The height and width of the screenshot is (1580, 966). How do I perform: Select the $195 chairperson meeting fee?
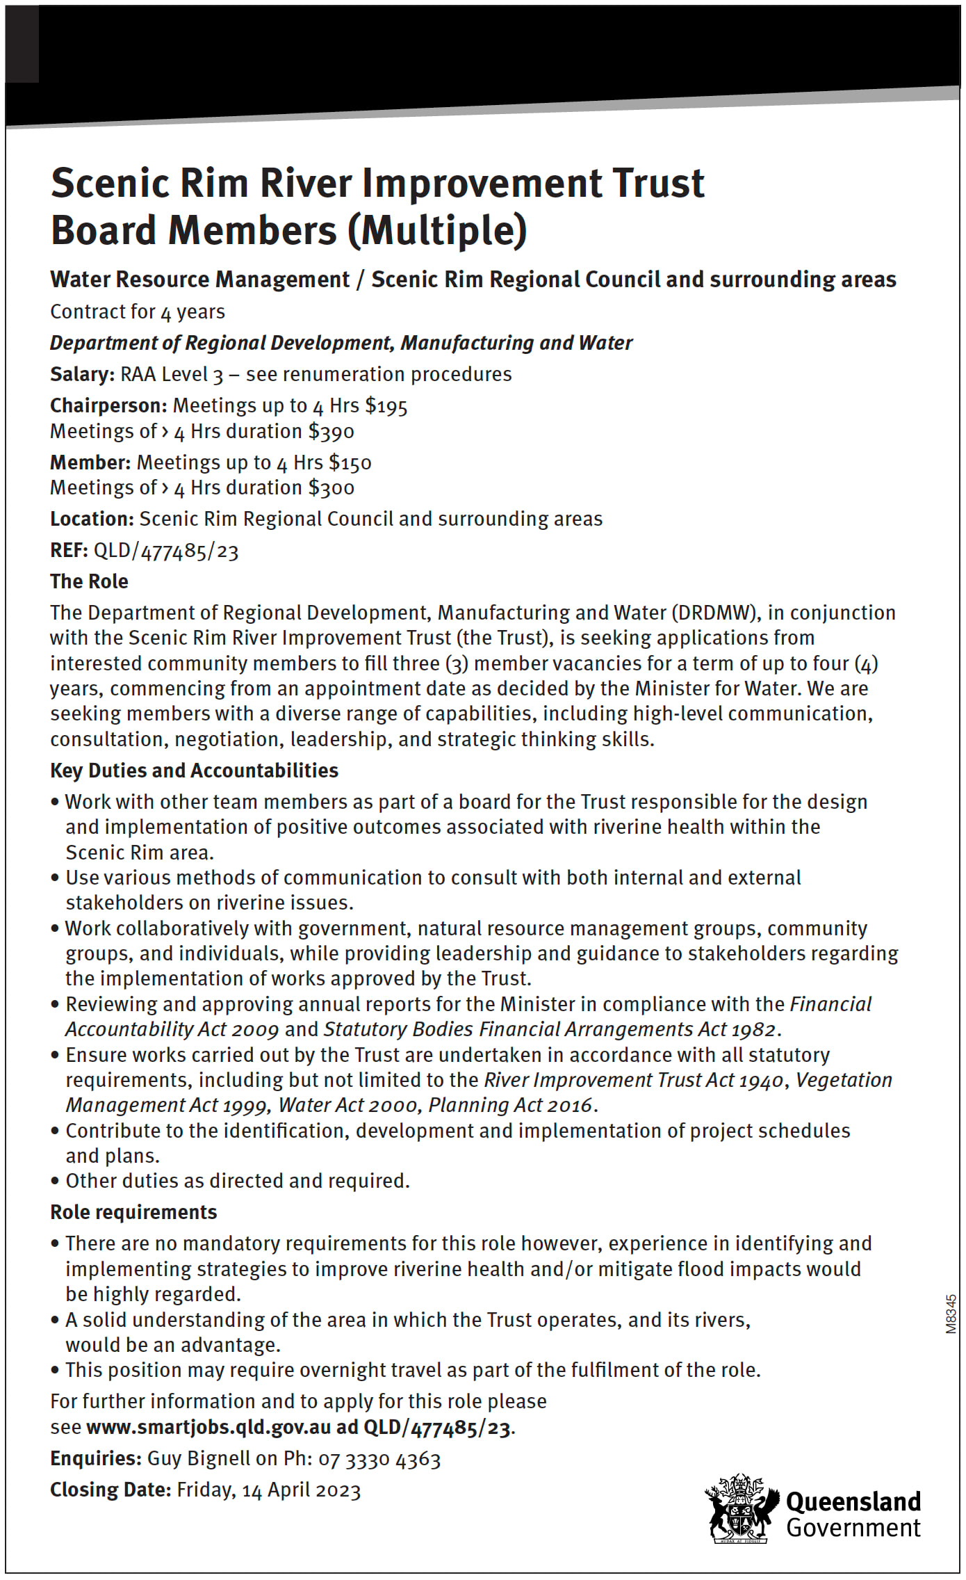point(386,406)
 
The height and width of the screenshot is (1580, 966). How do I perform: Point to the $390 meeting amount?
point(331,432)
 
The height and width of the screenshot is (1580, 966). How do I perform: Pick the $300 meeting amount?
point(331,488)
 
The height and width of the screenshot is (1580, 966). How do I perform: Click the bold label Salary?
point(82,375)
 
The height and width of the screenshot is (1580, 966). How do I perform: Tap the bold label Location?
point(92,519)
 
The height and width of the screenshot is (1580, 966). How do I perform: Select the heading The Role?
point(89,581)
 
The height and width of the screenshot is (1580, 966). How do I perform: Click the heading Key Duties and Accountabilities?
point(194,771)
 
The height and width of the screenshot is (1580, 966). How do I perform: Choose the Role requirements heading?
point(133,1212)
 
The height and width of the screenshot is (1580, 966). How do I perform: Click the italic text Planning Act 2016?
point(510,1105)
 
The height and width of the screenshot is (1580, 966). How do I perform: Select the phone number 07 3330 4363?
point(379,1459)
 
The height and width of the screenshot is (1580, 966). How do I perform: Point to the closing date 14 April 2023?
point(301,1490)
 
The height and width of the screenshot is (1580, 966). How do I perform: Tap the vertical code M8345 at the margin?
point(951,1314)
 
